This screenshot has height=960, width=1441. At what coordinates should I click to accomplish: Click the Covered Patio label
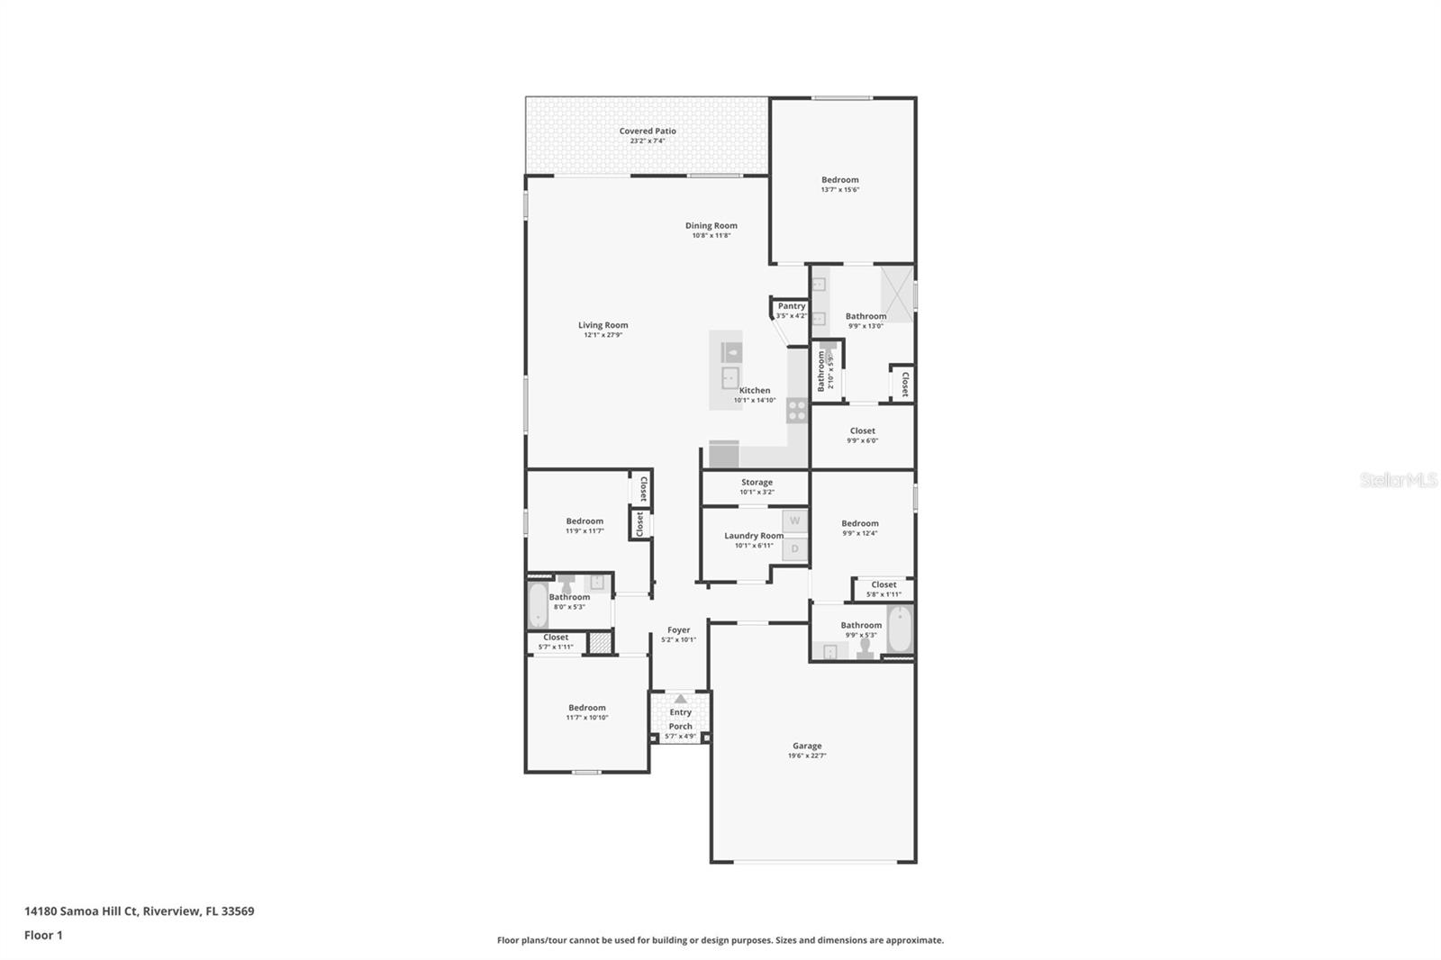coord(647,131)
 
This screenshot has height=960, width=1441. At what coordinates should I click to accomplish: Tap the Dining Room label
coord(711,226)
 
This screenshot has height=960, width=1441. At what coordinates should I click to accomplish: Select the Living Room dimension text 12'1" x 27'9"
coord(603,335)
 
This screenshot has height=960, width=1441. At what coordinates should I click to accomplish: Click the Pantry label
coord(791,306)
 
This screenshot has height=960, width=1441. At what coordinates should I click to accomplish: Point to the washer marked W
coord(794,521)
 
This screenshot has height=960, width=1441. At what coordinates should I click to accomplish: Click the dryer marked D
coord(794,548)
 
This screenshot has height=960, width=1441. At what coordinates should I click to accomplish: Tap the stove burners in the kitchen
coord(797,411)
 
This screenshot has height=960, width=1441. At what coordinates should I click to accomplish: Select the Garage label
coord(806,746)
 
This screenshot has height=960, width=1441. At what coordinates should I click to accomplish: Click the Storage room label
coord(757,483)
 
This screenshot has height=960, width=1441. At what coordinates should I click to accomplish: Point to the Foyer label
coord(678,630)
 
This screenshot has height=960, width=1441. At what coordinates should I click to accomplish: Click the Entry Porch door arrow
coord(681,699)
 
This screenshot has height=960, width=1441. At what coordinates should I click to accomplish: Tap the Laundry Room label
coord(754,536)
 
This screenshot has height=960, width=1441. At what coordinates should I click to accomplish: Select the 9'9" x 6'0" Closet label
coord(862,431)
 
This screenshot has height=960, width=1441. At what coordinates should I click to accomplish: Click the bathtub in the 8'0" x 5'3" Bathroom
coord(538,606)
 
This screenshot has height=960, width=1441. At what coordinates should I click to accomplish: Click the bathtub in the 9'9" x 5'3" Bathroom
coord(900,629)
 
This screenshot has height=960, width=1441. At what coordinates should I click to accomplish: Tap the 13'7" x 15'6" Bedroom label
coord(839,180)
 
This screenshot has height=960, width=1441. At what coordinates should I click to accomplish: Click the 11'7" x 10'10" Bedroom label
coord(586,708)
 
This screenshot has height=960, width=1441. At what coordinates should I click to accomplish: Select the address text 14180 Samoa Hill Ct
coord(81,911)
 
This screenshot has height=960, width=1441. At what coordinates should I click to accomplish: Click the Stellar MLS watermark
coord(1398,481)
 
